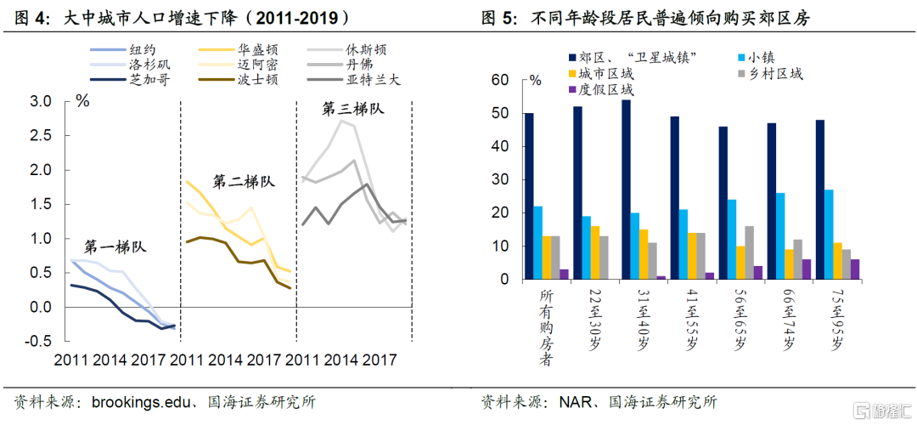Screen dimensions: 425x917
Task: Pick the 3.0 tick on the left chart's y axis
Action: pyautogui.click(x=41, y=101)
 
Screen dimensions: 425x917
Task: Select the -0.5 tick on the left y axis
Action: pyautogui.click(x=38, y=341)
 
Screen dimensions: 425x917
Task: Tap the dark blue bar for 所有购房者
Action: pyautogui.click(x=529, y=195)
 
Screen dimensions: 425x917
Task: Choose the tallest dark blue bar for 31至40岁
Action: pyautogui.click(x=626, y=190)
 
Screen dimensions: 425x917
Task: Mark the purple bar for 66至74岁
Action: pyautogui.click(x=807, y=269)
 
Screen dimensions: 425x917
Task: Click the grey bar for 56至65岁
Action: pyautogui.click(x=749, y=252)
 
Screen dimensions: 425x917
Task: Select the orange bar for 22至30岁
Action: pyautogui.click(x=594, y=252)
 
